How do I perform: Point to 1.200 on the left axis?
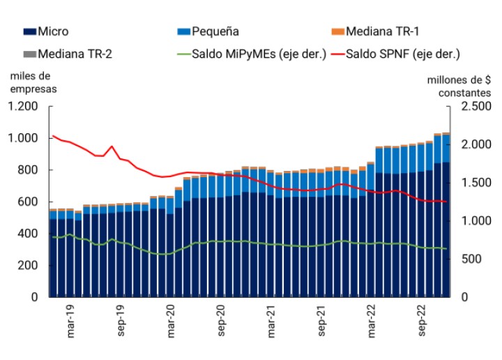pos(22,107)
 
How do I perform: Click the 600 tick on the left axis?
pos(28,202)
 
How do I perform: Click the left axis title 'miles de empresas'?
pos(33,82)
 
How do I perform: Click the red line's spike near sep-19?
pos(112,147)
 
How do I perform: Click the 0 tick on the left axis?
pos(34,297)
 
